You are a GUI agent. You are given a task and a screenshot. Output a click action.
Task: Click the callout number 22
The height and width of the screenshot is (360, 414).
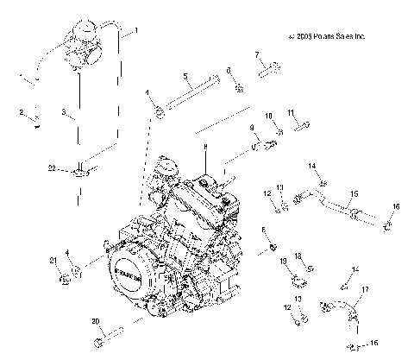[x=52, y=167]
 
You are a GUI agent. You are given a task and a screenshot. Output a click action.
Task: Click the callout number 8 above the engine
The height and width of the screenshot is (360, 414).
[x=206, y=148]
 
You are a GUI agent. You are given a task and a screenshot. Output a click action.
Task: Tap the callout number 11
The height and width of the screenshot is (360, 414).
[x=292, y=112]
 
